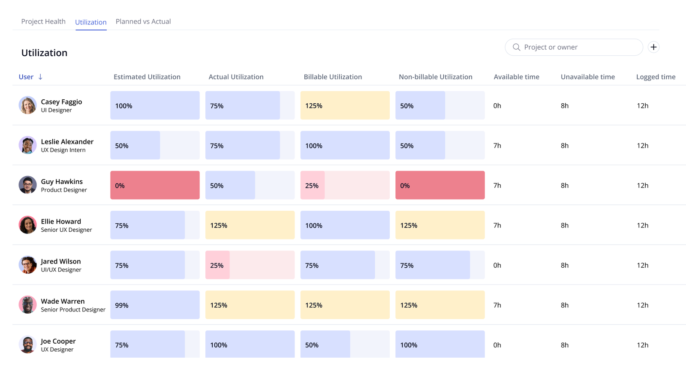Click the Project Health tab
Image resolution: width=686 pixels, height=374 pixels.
[43, 21]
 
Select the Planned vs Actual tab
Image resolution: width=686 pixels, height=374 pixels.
[143, 21]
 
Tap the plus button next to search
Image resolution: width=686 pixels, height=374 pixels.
[653, 47]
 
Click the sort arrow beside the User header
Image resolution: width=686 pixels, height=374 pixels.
[40, 77]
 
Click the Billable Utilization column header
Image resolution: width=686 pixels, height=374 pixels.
[333, 77]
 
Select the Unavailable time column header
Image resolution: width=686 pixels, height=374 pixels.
[587, 77]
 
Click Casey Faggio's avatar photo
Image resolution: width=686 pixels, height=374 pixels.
[27, 105]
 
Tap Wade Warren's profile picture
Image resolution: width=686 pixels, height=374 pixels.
[27, 305]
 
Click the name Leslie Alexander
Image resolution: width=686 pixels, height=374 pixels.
[67, 142]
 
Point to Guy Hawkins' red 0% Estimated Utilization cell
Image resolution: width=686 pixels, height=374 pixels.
[155, 185]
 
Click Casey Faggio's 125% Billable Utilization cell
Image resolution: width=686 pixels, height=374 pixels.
[345, 105]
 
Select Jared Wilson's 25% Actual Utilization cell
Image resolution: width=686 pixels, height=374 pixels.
[250, 265]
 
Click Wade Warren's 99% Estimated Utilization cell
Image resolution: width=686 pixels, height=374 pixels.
[155, 305]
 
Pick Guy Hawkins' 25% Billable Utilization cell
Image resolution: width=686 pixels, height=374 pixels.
[345, 185]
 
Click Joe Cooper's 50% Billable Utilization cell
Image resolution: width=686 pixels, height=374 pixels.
[345, 344]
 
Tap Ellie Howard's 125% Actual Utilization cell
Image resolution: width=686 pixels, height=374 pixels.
[250, 225]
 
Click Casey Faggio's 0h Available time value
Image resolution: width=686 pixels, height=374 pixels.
[497, 106]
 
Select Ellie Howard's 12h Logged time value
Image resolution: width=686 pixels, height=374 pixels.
[642, 225]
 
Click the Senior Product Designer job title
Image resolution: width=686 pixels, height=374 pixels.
[73, 310]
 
